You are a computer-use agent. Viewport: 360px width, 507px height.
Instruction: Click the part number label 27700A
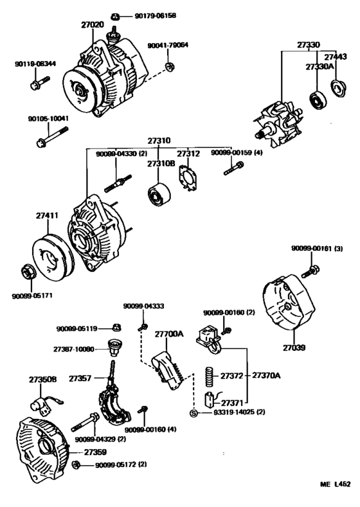[169, 334]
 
